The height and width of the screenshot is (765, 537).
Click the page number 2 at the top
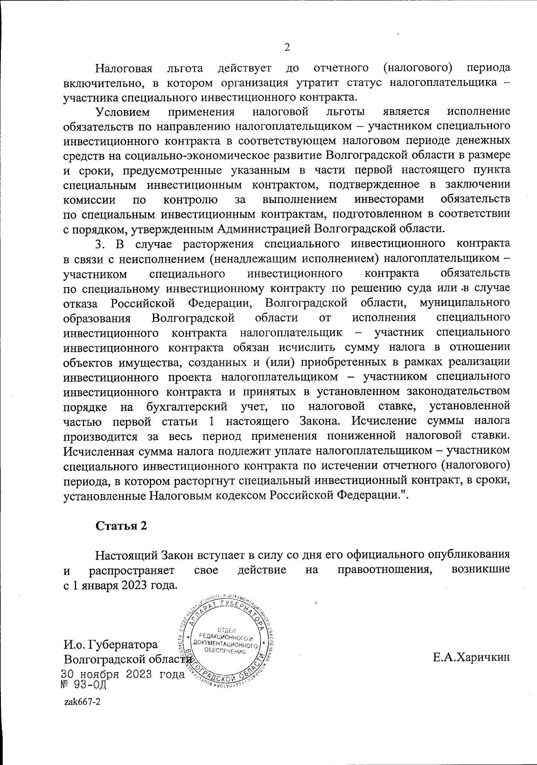click(287, 47)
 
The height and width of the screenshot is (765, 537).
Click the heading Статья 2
click(121, 525)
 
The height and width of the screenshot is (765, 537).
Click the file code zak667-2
click(82, 702)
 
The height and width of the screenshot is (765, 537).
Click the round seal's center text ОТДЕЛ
click(230, 630)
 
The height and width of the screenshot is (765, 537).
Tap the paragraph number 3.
click(99, 244)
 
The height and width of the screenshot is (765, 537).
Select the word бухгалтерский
click(188, 407)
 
